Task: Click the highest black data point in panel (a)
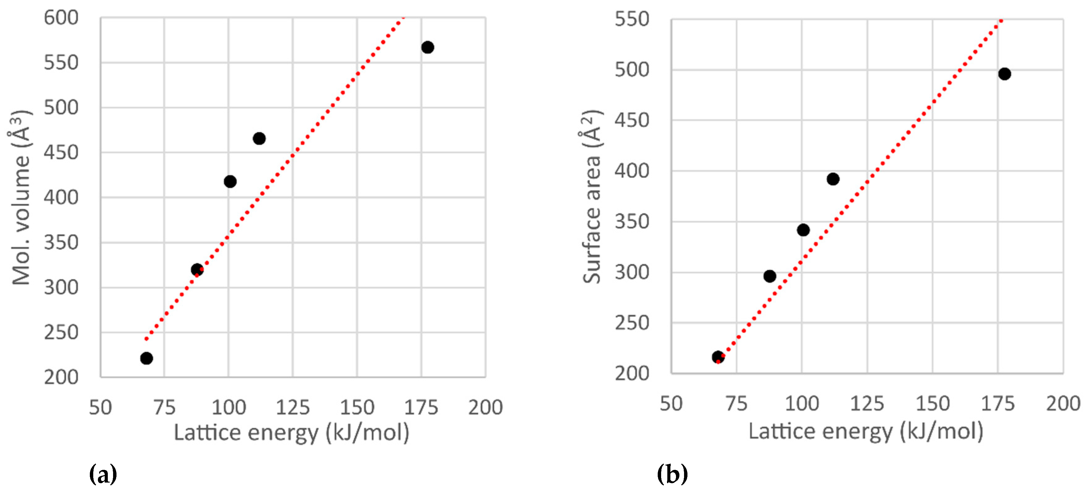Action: pos(428,47)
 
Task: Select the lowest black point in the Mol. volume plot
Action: pos(147,358)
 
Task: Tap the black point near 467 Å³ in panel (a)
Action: pos(259,138)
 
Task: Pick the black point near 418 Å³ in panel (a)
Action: pos(230,181)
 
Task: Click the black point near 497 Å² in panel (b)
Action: pos(1004,74)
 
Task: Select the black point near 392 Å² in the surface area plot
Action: pos(833,179)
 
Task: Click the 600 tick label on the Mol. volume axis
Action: pos(61,18)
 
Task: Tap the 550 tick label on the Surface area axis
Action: pos(632,19)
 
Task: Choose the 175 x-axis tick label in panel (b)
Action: pos(998,404)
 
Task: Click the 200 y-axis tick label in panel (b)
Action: pos(632,373)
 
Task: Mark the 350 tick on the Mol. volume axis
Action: pos(61,243)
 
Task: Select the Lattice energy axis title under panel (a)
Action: pos(292,433)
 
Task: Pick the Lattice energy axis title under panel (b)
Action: pos(866,431)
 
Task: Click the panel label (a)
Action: pos(103,475)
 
